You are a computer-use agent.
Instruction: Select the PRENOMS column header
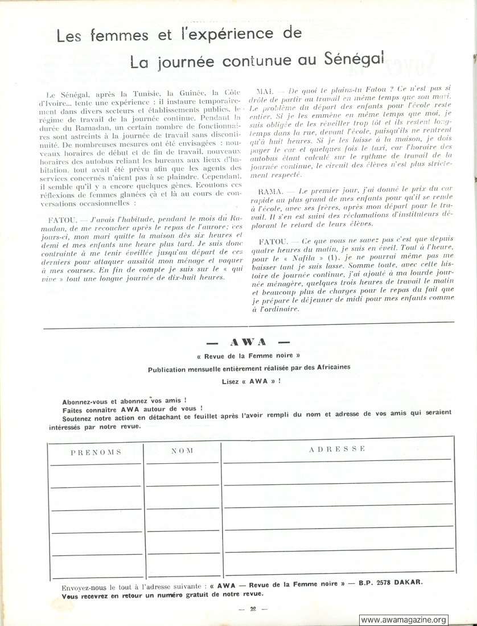96,452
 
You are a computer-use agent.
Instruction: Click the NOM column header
182,450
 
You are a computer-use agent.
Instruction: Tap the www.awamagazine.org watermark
404,620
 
